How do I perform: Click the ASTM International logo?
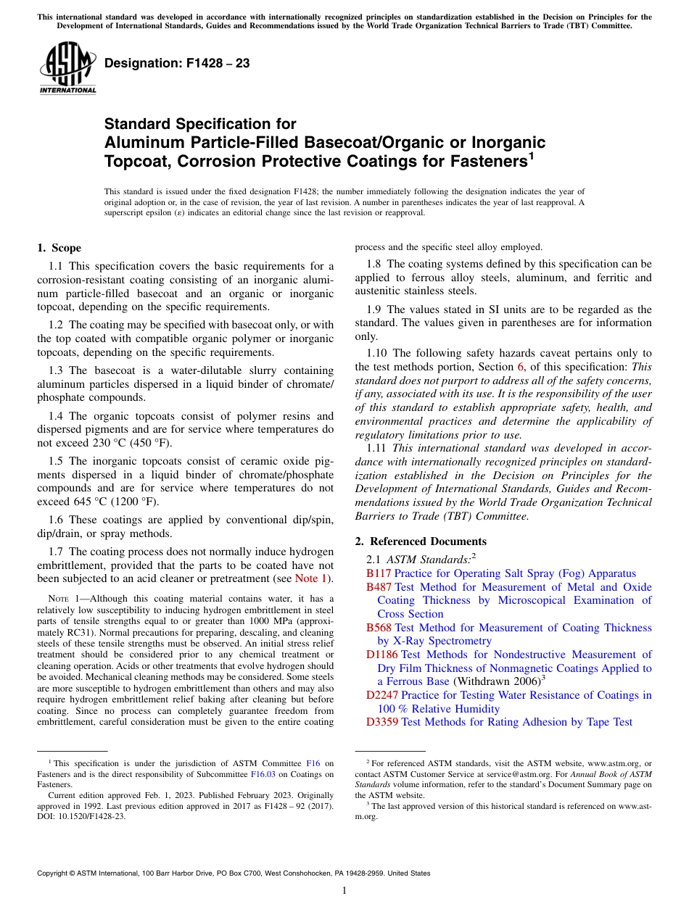67,70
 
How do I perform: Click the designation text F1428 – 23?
177,64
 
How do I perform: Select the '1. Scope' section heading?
59,248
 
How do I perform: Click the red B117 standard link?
379,573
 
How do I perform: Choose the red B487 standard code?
379,587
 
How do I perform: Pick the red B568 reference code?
379,628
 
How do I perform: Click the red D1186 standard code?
382,655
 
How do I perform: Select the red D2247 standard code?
382,695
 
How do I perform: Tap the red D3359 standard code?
382,722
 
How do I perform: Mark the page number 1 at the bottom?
344,890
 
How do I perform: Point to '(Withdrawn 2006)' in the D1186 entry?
497,681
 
